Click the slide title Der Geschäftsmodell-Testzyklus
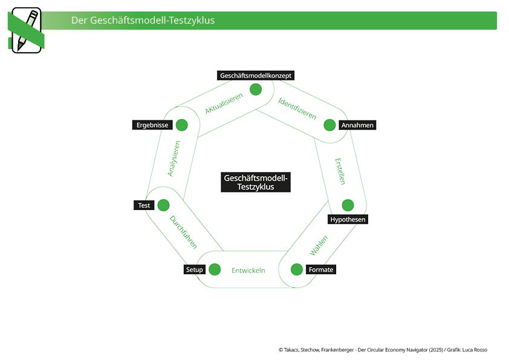click(x=143, y=21)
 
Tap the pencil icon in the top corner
click(x=26, y=30)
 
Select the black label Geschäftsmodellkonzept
click(x=256, y=76)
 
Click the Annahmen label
click(x=357, y=125)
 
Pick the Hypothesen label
click(x=348, y=219)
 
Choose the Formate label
click(x=320, y=269)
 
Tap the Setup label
click(x=195, y=269)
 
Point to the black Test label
click(x=144, y=205)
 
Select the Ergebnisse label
click(x=152, y=125)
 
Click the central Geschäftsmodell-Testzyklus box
click(x=256, y=182)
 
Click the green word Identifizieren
click(x=297, y=108)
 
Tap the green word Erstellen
click(x=340, y=171)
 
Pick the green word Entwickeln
click(x=248, y=270)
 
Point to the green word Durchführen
click(x=183, y=232)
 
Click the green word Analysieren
click(x=173, y=159)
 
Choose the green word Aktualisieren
click(x=224, y=103)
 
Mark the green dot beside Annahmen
click(x=329, y=125)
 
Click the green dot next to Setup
click(x=215, y=269)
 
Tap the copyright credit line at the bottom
click(x=383, y=350)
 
